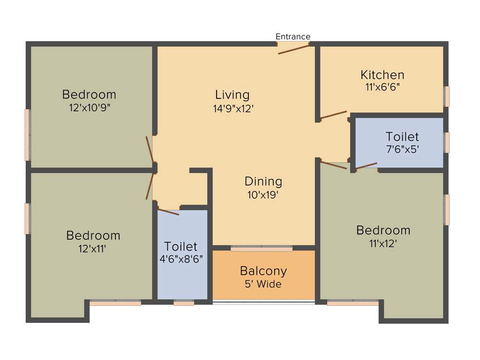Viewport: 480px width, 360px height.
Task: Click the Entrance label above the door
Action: (292, 37)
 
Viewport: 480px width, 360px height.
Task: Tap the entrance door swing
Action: (293, 49)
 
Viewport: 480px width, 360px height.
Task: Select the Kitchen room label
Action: (382, 75)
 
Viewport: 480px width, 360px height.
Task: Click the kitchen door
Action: (333, 115)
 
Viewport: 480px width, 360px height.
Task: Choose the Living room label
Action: (232, 95)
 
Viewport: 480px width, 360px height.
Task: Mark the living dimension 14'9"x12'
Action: (232, 108)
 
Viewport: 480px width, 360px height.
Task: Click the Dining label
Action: (263, 181)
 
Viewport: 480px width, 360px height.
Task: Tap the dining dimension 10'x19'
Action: (263, 194)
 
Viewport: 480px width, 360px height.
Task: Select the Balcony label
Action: (263, 271)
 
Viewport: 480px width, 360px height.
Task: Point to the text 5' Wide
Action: (263, 284)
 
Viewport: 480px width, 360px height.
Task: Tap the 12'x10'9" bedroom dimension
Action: (89, 107)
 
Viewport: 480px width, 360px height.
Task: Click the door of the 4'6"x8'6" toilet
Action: (169, 211)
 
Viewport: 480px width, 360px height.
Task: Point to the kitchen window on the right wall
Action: (447, 96)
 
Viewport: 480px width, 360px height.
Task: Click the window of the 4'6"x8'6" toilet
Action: (183, 303)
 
